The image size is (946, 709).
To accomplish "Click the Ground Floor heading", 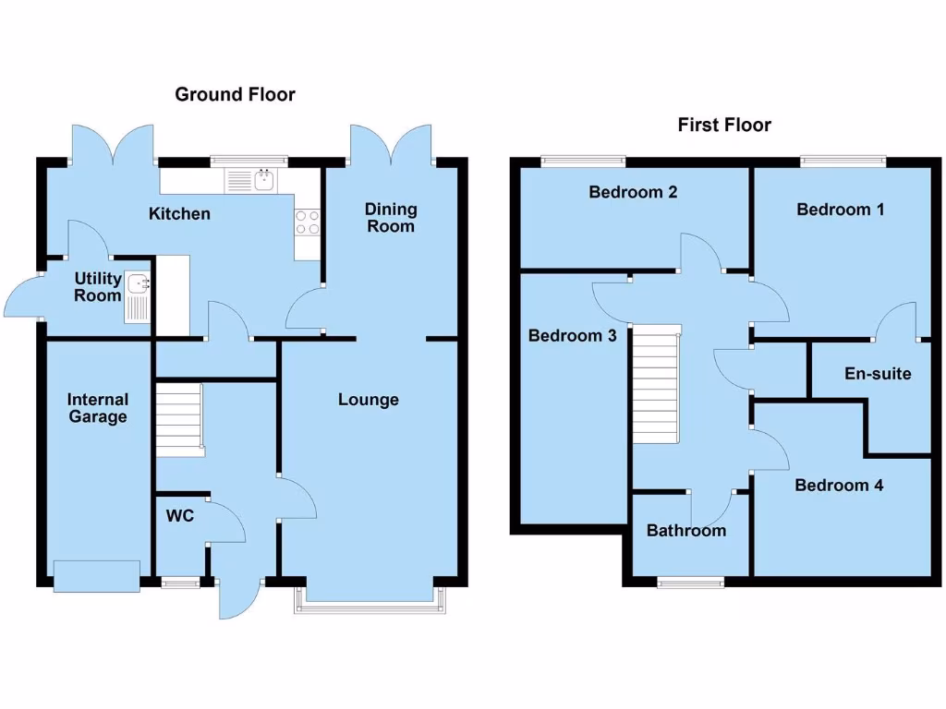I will click(235, 94).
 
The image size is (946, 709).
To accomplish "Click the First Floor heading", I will click(724, 125).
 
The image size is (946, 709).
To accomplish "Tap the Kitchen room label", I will click(180, 214).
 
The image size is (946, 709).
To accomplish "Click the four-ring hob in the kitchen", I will click(307, 222).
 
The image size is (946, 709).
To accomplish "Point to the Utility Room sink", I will click(138, 297).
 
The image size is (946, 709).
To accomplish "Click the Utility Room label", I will click(98, 286).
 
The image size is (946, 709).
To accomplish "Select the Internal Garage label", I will click(98, 408).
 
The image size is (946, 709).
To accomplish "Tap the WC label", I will click(180, 516).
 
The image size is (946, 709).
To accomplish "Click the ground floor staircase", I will click(179, 421).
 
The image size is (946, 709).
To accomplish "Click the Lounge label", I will click(368, 400).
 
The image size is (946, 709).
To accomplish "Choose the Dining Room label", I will click(390, 218).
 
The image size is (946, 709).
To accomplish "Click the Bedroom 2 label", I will click(633, 192).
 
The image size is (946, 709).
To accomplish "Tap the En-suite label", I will click(878, 374).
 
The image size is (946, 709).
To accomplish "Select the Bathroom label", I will click(685, 531).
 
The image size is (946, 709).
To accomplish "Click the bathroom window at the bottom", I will click(690, 582).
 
